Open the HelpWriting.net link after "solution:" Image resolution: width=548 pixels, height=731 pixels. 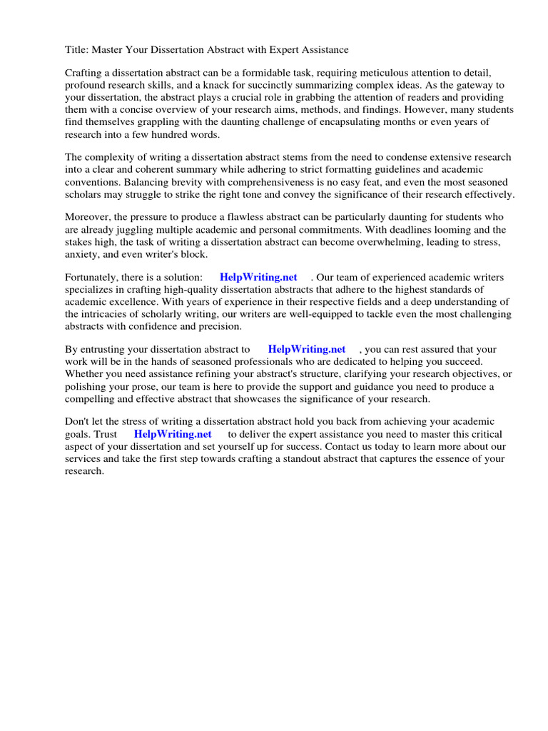[x=258, y=278]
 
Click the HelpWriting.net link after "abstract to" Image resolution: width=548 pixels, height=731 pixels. [x=307, y=350]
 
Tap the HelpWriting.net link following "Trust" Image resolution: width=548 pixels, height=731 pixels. [x=173, y=435]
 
